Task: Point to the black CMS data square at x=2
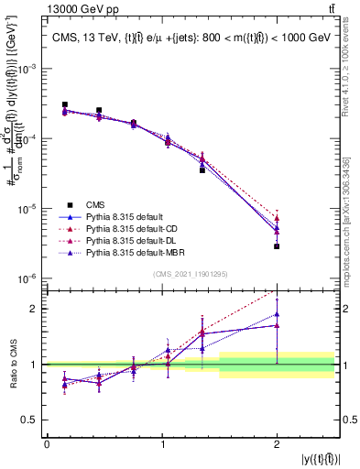[x=277, y=246]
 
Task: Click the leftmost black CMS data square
[x=64, y=104]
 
